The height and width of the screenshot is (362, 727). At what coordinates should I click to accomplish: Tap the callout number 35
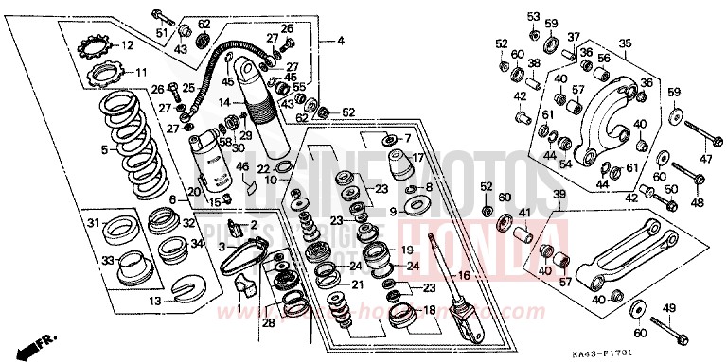tap(624, 43)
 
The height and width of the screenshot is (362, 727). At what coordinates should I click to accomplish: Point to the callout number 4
tap(341, 41)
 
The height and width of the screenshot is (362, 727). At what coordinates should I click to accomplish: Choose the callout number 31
tap(93, 223)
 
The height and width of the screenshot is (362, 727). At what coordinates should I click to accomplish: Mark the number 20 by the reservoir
tap(193, 191)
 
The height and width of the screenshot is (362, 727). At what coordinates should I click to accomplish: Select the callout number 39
tap(559, 195)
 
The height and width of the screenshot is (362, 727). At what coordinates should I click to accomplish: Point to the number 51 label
tap(161, 35)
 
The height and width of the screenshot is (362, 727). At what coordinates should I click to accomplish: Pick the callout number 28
tap(268, 323)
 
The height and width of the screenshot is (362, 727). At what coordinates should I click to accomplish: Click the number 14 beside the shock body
tap(224, 102)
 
